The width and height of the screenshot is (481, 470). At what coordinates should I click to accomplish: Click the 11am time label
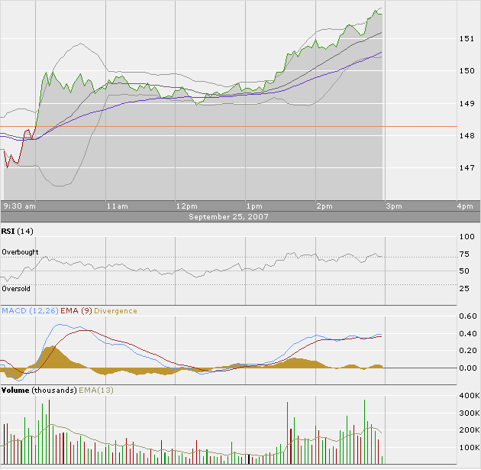click(x=117, y=206)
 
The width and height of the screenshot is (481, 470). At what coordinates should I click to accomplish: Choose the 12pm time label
click(x=186, y=206)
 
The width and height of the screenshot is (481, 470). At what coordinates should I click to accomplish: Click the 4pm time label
click(x=464, y=206)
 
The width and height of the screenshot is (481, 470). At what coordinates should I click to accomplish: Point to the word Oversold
click(x=16, y=289)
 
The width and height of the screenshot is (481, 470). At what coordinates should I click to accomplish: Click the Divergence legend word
click(x=116, y=311)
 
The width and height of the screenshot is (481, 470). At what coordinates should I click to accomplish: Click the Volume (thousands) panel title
click(x=39, y=391)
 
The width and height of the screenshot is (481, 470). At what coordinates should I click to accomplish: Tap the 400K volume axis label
click(x=467, y=397)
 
